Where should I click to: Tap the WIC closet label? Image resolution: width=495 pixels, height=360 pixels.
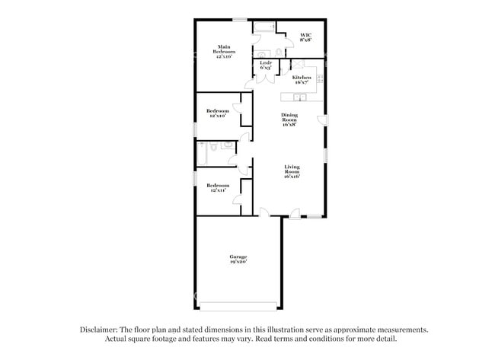point(305,37)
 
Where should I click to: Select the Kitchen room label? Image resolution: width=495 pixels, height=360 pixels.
point(302,78)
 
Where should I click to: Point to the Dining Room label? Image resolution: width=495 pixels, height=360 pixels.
point(289,119)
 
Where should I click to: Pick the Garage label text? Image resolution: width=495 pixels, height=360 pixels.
point(238,260)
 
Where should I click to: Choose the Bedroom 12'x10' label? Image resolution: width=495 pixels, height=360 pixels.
point(218,113)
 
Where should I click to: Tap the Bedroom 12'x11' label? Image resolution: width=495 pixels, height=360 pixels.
point(218,187)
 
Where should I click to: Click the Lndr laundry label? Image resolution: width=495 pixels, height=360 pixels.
point(266,65)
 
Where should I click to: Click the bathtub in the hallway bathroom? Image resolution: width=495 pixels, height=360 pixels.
point(202,154)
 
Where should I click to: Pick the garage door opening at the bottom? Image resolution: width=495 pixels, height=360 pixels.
point(238,307)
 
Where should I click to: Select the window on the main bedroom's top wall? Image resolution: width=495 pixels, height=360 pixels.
point(240,19)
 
